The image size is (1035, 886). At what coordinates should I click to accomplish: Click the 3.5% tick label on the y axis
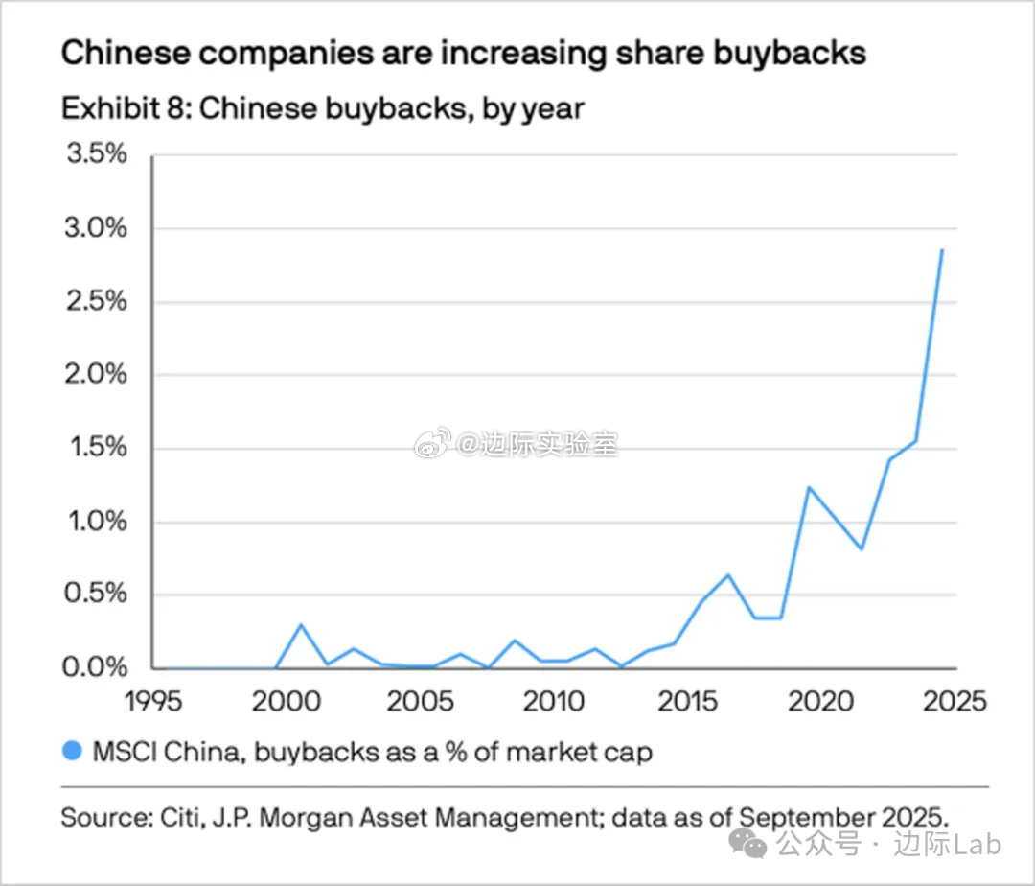click(x=94, y=154)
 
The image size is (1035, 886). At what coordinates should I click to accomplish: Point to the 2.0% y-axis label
click(x=94, y=374)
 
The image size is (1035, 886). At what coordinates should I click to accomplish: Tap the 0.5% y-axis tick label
click(x=94, y=594)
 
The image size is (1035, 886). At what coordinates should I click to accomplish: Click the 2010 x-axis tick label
click(x=554, y=701)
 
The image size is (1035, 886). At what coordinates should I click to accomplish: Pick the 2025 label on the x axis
click(x=954, y=701)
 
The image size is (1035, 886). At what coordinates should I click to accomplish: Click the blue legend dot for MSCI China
click(x=72, y=752)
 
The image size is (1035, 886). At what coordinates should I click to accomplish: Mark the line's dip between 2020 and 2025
click(x=862, y=549)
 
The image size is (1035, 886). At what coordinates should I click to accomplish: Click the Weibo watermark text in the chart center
click(x=537, y=444)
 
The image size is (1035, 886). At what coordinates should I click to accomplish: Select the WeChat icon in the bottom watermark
click(x=748, y=844)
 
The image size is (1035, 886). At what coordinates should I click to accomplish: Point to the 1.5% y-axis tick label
click(x=94, y=448)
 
